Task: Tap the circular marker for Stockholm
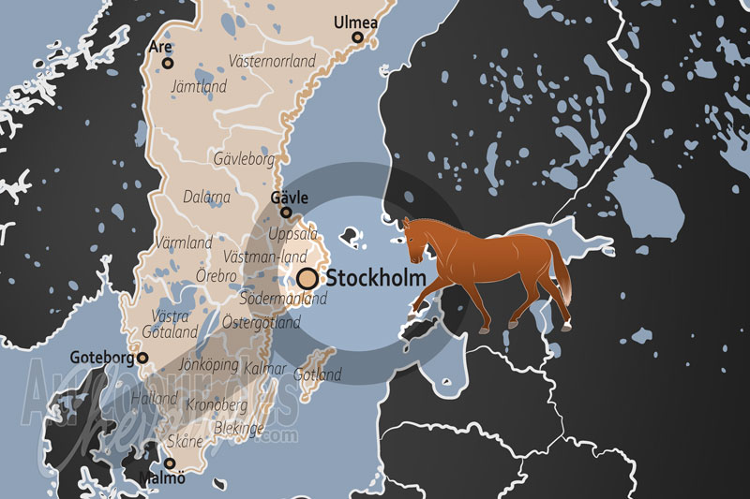(x=307, y=279)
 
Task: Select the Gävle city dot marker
(x=286, y=213)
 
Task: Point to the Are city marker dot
(x=168, y=64)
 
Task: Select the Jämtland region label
(x=199, y=85)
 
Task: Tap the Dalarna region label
(x=207, y=198)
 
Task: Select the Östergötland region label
(x=262, y=323)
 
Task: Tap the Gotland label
(x=318, y=374)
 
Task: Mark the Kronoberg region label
(x=217, y=404)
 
